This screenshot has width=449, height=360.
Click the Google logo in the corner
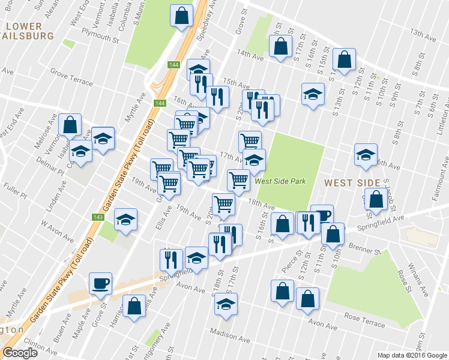20,353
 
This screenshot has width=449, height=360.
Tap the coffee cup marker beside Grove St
100,283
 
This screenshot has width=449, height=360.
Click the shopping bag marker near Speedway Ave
181,16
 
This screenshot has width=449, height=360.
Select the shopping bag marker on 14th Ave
280,47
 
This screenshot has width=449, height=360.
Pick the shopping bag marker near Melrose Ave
70,125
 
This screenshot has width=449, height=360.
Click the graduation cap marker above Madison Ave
226,304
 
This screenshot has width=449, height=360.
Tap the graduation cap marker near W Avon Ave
126,219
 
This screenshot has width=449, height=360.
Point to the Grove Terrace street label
71,77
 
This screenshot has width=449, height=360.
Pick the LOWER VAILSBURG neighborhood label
27,31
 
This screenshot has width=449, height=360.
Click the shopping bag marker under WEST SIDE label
376,201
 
